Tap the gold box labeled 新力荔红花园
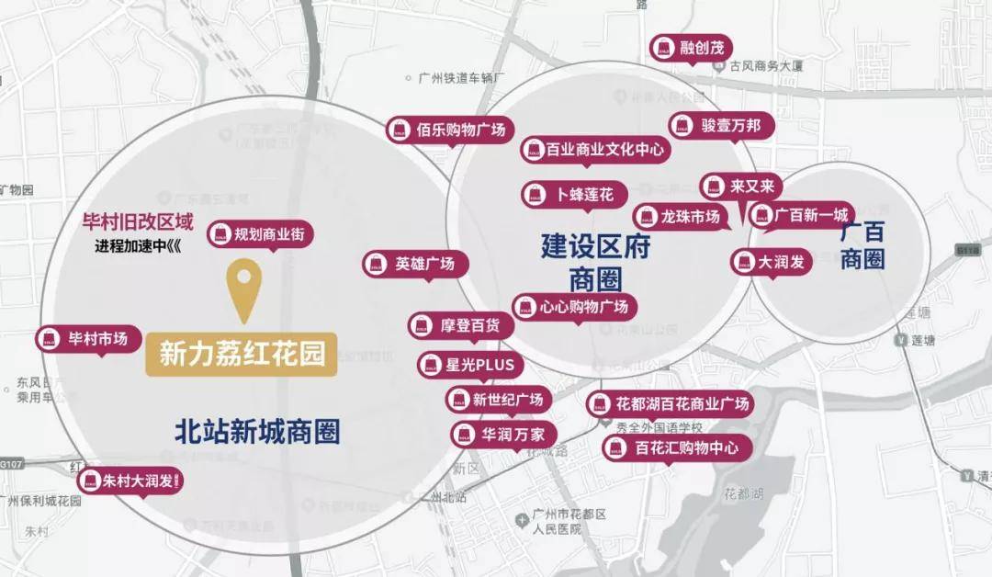point(242,355)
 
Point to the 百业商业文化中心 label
point(594,149)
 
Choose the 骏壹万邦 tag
point(720,125)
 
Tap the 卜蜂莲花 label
point(575,194)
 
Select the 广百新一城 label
point(801,215)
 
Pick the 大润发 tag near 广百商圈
point(771,262)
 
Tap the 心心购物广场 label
point(574,307)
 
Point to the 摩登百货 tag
point(460,325)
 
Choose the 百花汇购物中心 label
point(677,448)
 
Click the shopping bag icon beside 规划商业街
point(220,234)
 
